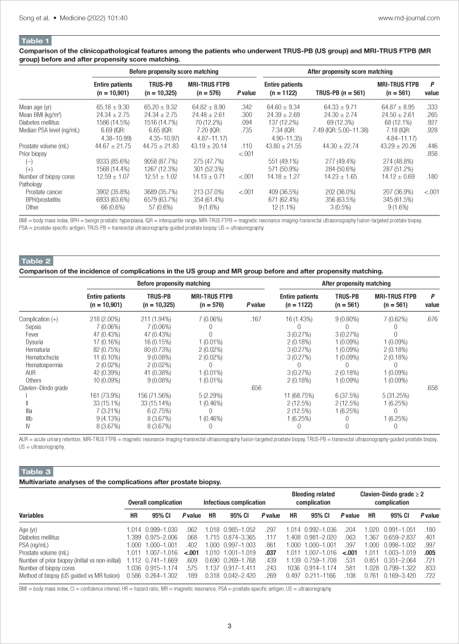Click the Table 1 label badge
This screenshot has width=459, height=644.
[x=35, y=41]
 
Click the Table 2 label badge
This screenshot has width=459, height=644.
[x=36, y=261]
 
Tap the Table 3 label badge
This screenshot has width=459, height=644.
[x=36, y=472]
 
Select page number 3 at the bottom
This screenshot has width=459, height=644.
[x=229, y=626]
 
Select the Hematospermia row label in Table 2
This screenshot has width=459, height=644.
[x=41, y=365]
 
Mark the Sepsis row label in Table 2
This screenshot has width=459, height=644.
[x=32, y=327]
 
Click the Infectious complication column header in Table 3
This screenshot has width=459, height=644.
[x=235, y=502]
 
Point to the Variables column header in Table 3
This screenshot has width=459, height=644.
[x=31, y=516]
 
